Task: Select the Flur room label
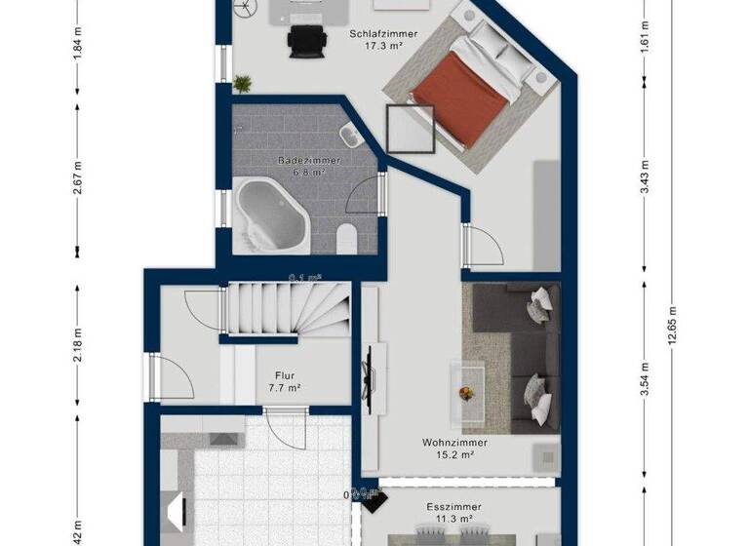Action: (x=285, y=375)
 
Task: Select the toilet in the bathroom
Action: (x=345, y=237)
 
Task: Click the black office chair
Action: (x=304, y=41)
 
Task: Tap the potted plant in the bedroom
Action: (x=242, y=84)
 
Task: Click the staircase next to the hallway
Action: (x=288, y=312)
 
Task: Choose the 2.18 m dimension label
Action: (x=76, y=350)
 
